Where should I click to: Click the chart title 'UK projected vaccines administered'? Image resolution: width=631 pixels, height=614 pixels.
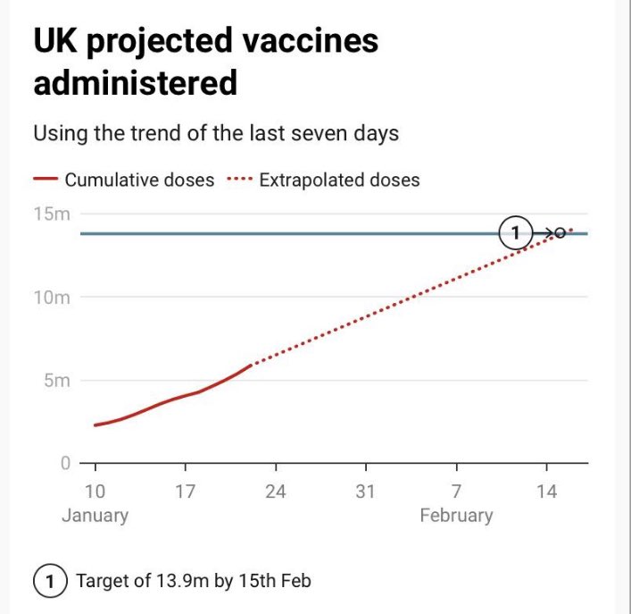[205, 62]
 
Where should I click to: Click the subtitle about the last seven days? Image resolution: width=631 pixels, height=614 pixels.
[215, 134]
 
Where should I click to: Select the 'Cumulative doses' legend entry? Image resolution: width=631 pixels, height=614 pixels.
[138, 180]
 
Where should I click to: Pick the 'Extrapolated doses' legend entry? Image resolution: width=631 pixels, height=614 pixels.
[338, 180]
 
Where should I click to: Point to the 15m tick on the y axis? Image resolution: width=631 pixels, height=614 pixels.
[52, 214]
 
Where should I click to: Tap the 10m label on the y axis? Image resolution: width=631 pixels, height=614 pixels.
[52, 298]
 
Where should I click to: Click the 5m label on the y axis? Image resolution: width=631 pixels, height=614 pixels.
[56, 381]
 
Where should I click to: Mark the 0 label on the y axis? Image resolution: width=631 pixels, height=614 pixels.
[65, 463]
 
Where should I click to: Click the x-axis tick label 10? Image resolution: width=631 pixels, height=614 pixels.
[95, 492]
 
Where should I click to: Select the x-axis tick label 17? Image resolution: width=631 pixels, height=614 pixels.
[185, 492]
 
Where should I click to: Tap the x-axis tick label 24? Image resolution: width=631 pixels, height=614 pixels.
[276, 492]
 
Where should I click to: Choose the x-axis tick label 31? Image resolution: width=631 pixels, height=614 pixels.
[366, 492]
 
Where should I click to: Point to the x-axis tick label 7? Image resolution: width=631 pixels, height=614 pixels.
[456, 492]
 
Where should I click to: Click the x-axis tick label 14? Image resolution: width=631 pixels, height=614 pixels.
[546, 492]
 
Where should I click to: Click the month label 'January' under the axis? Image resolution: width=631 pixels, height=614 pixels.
[95, 516]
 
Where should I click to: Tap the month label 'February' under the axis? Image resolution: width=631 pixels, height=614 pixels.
[456, 516]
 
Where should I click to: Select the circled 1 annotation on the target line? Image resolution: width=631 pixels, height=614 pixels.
[515, 233]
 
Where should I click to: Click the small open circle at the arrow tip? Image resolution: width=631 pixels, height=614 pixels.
[560, 233]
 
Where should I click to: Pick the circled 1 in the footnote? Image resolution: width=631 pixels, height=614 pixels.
[50, 581]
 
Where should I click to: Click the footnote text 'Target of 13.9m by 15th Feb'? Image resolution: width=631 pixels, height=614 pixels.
[194, 581]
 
